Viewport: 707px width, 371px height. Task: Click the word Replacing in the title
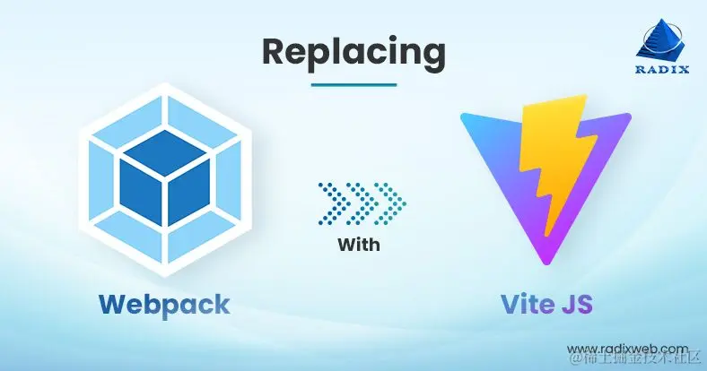coord(353,52)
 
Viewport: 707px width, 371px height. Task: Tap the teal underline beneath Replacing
coord(353,84)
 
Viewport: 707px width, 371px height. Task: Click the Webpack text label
coord(164,303)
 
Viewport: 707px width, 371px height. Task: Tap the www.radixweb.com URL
coord(628,348)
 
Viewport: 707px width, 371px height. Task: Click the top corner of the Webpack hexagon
coord(164,83)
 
